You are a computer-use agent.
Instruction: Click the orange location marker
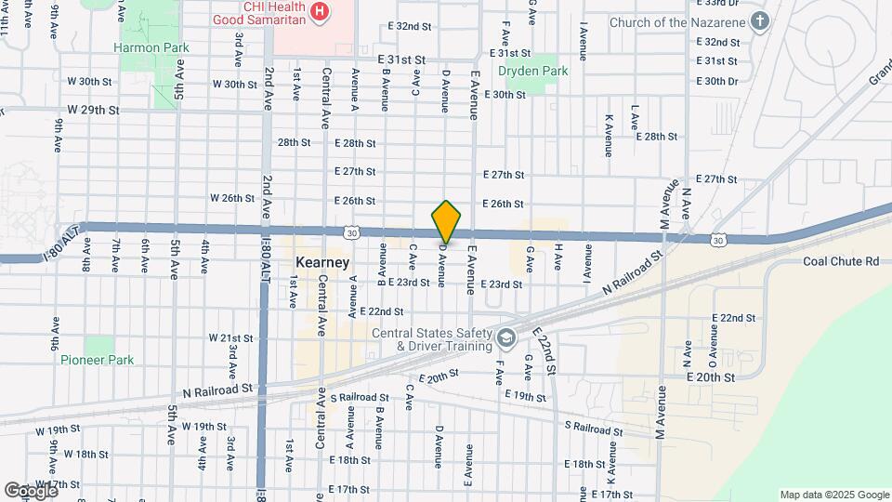447,221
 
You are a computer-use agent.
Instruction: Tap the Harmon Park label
151,47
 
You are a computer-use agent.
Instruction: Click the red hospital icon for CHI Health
320,11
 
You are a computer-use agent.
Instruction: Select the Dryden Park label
532,71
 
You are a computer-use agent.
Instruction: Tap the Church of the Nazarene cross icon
760,21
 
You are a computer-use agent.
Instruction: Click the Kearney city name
322,262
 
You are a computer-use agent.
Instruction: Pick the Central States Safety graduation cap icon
505,336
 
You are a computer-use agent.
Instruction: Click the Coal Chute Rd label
841,262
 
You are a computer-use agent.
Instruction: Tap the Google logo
31,490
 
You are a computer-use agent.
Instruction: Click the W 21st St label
230,337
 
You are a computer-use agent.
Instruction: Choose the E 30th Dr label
721,81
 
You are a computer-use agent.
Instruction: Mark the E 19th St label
525,396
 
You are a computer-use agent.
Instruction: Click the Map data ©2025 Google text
834,495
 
